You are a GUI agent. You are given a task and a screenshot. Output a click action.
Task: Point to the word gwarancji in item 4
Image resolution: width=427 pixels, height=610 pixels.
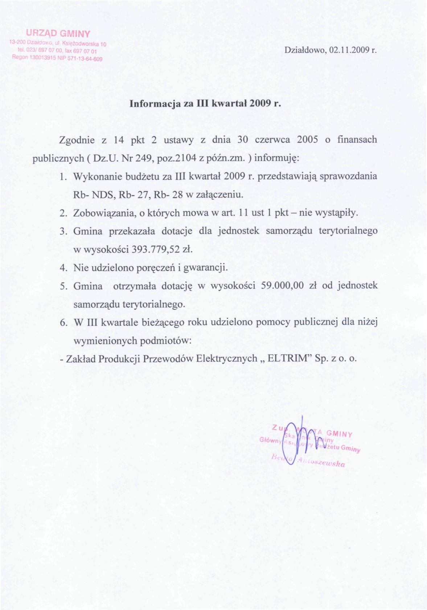click(208, 268)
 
